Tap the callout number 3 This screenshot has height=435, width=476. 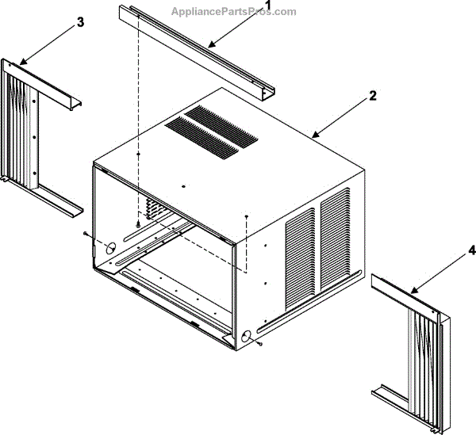[x=79, y=23]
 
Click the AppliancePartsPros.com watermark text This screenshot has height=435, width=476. [x=233, y=12]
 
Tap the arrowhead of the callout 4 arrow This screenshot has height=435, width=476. [x=412, y=292]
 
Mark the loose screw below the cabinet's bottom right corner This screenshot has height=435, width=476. [x=259, y=345]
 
